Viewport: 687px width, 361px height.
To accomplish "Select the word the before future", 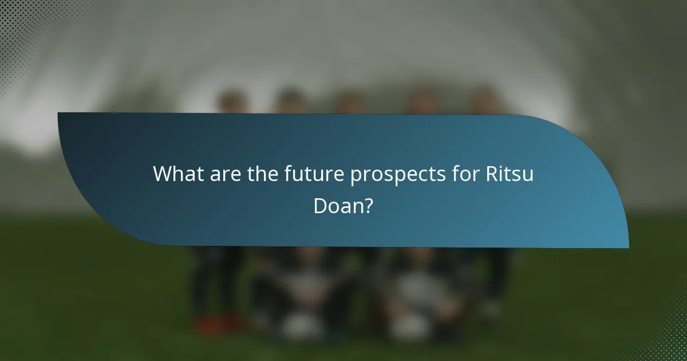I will click(262, 174).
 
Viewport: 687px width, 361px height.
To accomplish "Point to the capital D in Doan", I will click(321, 206).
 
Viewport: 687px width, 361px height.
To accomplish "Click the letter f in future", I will click(287, 174).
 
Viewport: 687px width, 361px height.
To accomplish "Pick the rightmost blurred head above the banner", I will click(484, 100).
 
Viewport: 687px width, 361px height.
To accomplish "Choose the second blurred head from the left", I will click(289, 100).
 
